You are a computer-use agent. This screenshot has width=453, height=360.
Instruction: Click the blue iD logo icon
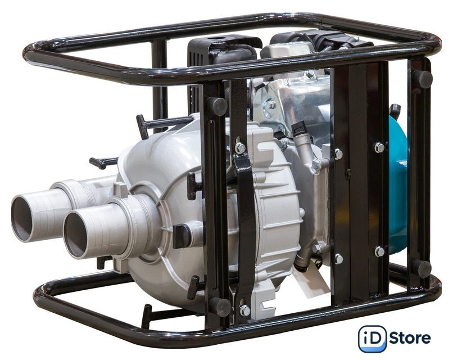[372, 339]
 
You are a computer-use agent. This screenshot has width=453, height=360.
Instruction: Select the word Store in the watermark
[410, 337]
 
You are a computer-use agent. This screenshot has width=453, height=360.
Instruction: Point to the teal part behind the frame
[398, 185]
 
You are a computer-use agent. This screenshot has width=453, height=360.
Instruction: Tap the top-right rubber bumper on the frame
[423, 79]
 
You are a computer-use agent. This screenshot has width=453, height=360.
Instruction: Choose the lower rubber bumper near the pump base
[220, 307]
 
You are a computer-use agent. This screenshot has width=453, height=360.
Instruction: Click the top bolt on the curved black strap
[240, 148]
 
